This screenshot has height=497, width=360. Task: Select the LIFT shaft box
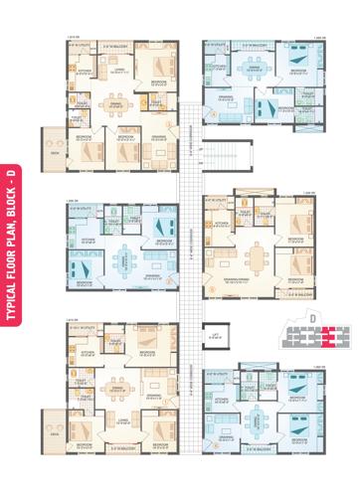click(x=213, y=336)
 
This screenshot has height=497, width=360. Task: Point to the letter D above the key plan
click(x=311, y=318)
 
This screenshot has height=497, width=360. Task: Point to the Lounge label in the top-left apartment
click(x=118, y=69)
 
